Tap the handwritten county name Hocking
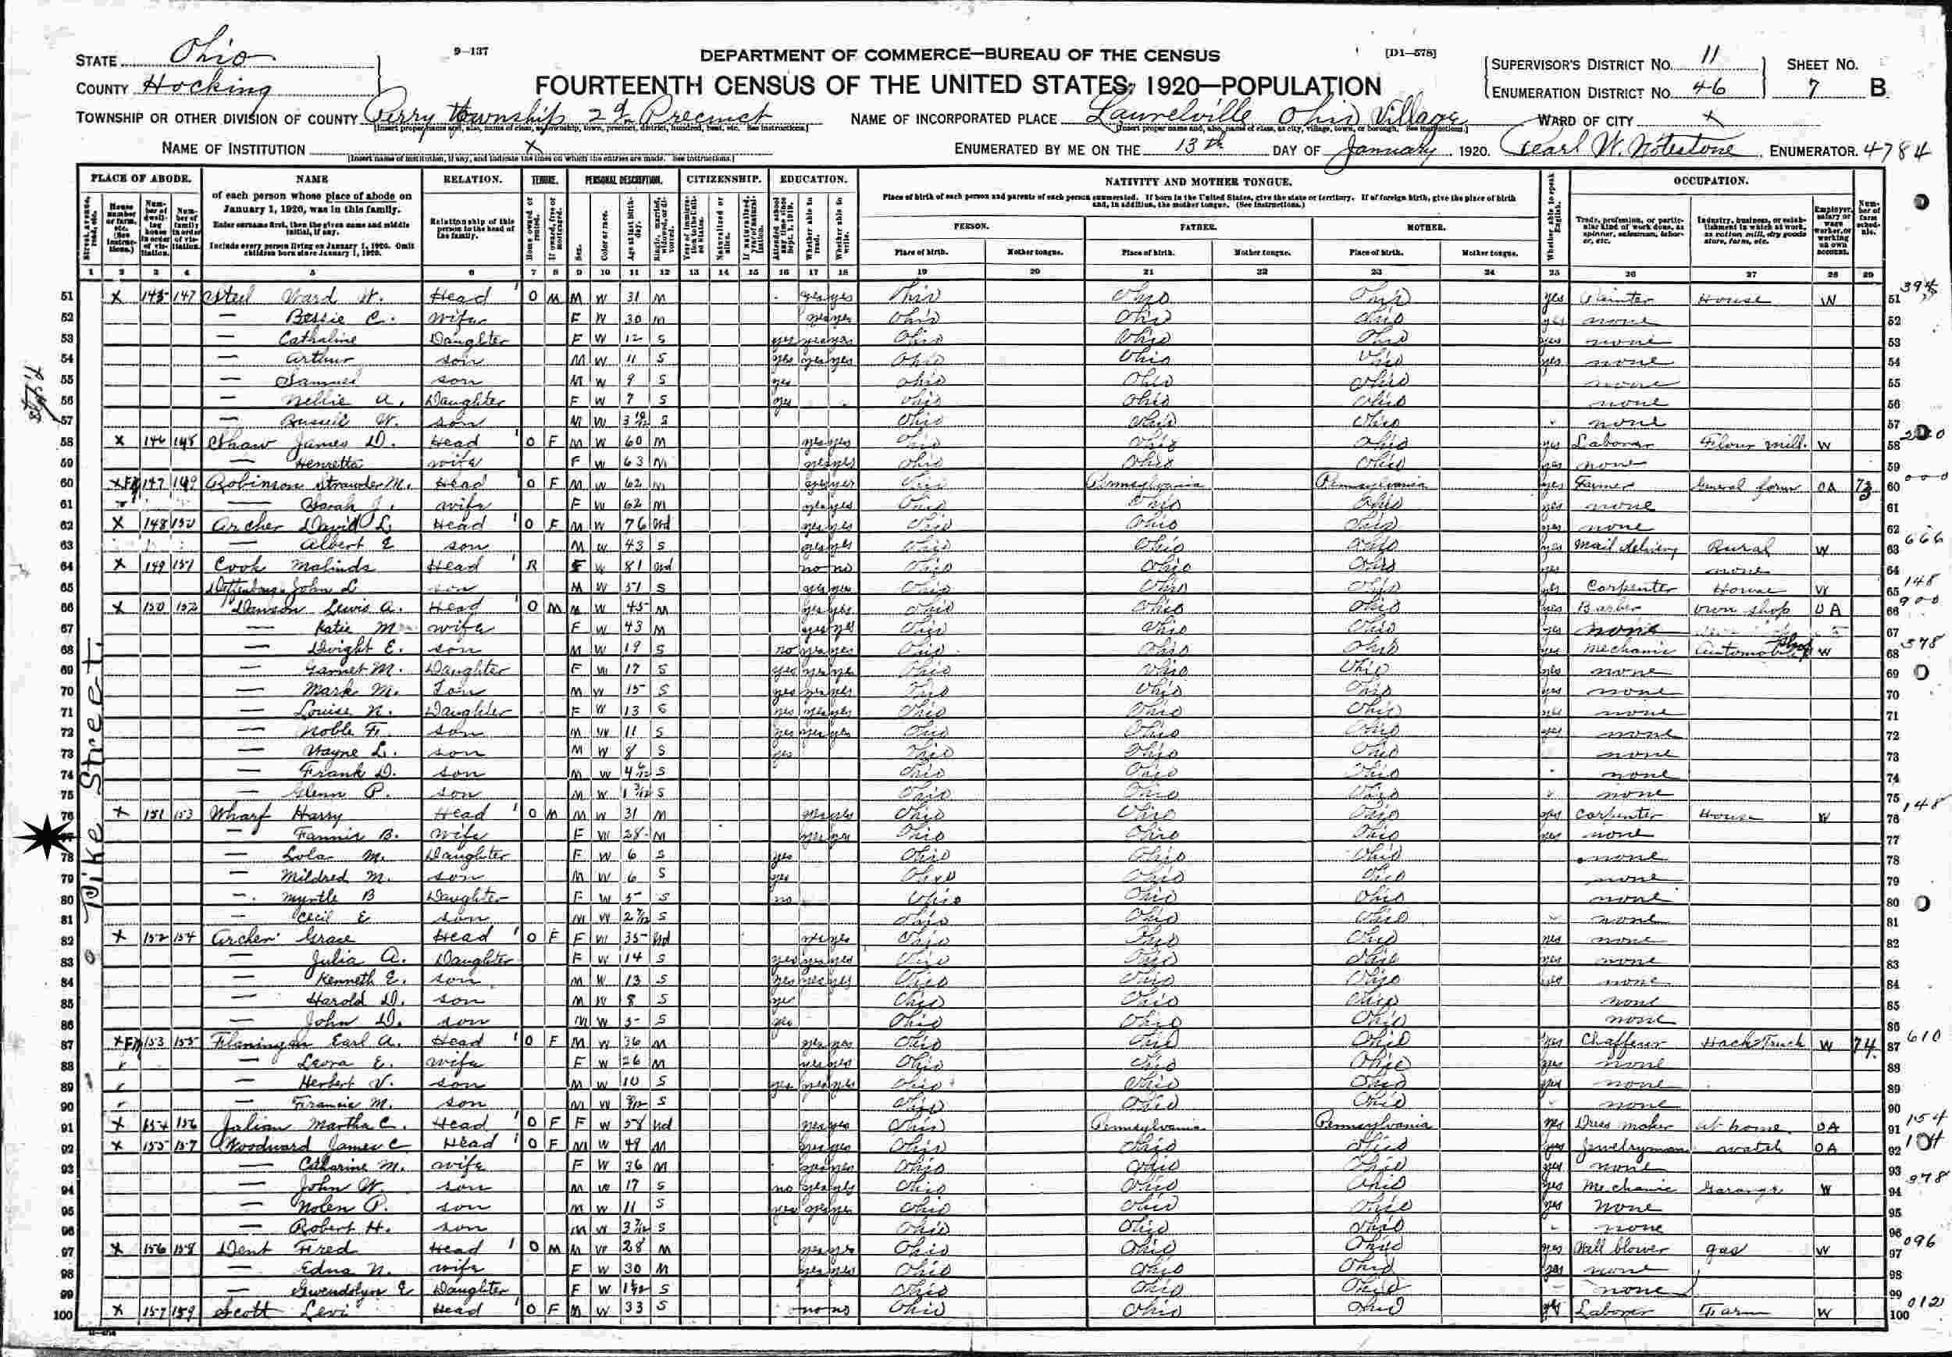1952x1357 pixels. (204, 86)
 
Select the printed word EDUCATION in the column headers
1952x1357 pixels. (813, 180)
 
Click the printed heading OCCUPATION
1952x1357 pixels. (1710, 180)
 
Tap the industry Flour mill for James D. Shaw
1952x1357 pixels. (1747, 443)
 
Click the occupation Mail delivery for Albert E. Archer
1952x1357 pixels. (1625, 546)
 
